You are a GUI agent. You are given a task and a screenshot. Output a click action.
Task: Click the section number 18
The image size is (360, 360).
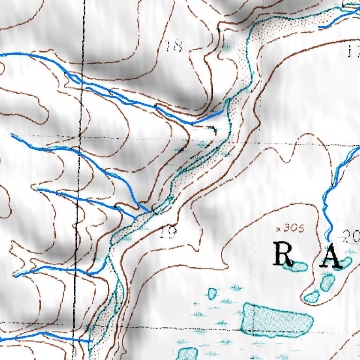tap(174, 46)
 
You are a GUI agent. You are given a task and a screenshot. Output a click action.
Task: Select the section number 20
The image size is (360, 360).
tap(351, 237)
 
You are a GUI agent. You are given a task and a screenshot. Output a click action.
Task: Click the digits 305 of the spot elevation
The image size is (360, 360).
tap(294, 229)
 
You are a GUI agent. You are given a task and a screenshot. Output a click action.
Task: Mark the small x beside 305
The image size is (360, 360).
tap(279, 229)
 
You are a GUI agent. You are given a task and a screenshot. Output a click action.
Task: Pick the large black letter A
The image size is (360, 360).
tap(330, 256)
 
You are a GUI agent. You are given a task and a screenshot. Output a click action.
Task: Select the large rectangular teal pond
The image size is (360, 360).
tap(277, 319)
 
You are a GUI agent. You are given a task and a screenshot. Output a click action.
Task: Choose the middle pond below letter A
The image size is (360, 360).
tap(328, 282)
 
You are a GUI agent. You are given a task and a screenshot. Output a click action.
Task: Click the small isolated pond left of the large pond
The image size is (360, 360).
tap(212, 294)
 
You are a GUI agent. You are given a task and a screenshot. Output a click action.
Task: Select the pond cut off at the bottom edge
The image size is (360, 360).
tap(187, 354)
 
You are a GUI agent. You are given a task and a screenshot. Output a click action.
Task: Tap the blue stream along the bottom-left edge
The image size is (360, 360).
tap(47, 335)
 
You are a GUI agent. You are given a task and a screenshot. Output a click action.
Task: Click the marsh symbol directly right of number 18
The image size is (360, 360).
tap(228, 47)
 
